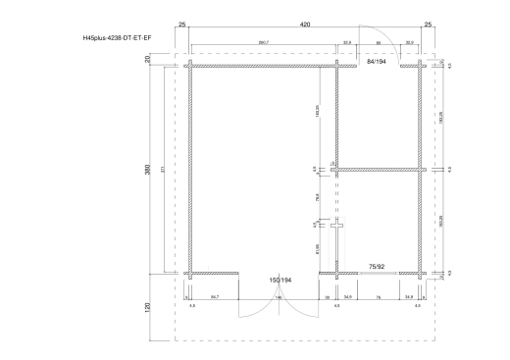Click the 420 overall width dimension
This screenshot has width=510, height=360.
(305, 22)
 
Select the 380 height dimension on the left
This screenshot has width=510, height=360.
(146, 169)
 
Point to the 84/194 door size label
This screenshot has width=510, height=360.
(377, 61)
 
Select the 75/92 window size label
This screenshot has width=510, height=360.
(377, 266)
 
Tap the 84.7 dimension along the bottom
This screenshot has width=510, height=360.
(214, 294)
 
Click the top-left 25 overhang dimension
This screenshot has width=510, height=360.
(182, 22)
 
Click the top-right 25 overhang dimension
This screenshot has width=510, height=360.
(429, 22)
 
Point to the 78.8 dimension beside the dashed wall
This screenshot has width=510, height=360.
(317, 197)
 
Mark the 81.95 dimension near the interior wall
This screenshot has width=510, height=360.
(317, 248)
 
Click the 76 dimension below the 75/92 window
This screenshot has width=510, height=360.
(378, 294)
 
